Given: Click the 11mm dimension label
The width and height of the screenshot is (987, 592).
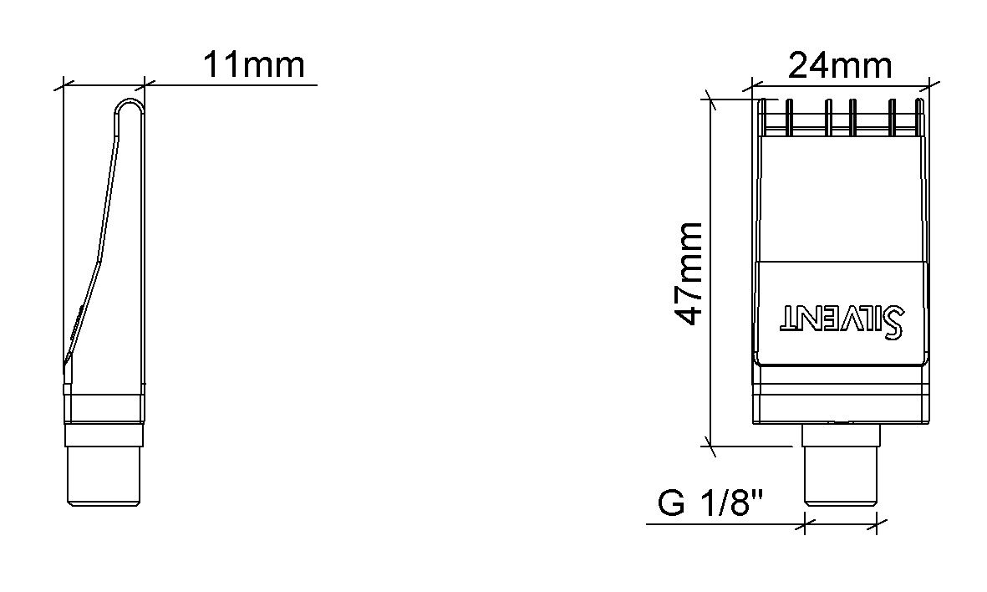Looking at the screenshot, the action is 254,65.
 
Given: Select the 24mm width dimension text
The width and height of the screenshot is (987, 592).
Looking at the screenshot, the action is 840,65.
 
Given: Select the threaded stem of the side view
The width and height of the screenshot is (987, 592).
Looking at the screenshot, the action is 104,466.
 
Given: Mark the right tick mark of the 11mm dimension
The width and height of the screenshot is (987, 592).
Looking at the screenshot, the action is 144,84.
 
